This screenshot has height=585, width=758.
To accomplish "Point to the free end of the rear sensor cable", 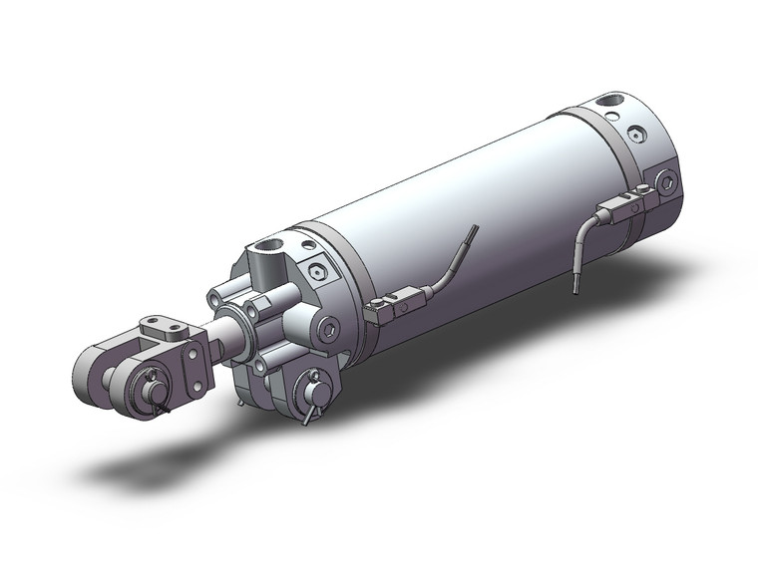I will click(576, 291).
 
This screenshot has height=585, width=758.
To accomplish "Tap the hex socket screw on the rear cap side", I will click(665, 182).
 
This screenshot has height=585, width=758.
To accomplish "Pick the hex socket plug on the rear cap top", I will click(635, 134).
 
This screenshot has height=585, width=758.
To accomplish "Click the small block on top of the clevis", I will click(162, 326).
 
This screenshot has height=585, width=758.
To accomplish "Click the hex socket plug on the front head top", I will click(317, 270).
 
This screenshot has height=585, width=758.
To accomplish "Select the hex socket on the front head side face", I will click(330, 329).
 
